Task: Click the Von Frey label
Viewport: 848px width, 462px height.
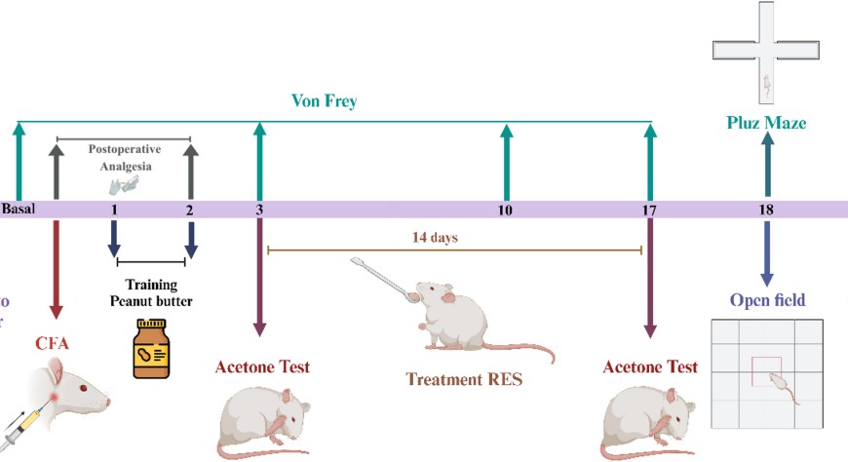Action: pos(325,101)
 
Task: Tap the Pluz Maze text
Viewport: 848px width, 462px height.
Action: pos(766,123)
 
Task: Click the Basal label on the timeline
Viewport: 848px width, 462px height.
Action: pos(18,210)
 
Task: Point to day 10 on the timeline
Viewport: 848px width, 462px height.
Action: pos(505,210)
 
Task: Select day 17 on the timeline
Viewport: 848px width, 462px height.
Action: pos(650,210)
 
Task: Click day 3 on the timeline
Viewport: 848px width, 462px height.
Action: pos(258,210)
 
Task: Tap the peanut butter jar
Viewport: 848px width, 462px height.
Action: pos(151,348)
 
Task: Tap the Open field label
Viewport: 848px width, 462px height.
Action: pos(767,300)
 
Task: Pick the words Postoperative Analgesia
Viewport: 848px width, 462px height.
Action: pos(125,158)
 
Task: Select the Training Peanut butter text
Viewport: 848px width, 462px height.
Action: pos(151,293)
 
